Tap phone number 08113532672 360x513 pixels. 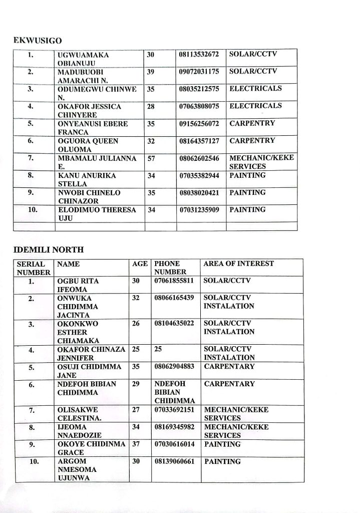coord(199,54)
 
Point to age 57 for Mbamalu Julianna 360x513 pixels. coord(151,158)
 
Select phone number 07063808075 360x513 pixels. coord(199,107)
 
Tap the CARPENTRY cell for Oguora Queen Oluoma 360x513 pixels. coord(252,141)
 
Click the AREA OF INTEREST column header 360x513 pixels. coord(239,264)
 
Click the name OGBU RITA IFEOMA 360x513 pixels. coord(78,286)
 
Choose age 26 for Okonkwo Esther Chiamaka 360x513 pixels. coord(135,324)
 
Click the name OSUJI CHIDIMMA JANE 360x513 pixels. coord(89,371)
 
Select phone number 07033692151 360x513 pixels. coord(176,410)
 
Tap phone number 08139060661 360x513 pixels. coord(176,461)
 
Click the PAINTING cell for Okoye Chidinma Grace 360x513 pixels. coord(222,444)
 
